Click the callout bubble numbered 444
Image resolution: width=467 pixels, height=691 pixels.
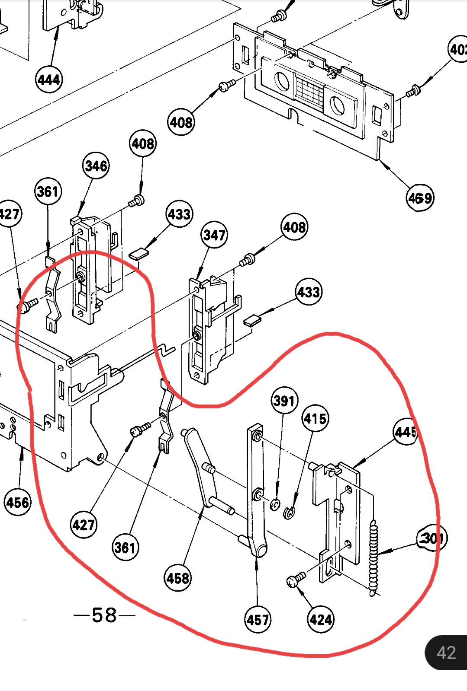49,80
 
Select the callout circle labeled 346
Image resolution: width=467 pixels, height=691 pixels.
96,166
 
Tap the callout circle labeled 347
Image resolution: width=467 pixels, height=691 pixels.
214,235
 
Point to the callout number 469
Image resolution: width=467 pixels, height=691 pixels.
420,198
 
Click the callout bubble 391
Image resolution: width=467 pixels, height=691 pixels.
284,401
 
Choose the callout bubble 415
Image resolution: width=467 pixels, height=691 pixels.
315,418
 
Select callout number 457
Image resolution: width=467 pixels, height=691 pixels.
258,620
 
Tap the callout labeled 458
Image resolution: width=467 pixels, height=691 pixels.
178,578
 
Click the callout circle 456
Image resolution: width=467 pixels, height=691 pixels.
18,503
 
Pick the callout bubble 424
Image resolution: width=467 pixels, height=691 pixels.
321,620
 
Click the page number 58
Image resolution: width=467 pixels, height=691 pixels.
104,615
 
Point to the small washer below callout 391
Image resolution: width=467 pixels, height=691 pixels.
275,504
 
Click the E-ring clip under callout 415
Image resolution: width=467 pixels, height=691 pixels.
289,513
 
